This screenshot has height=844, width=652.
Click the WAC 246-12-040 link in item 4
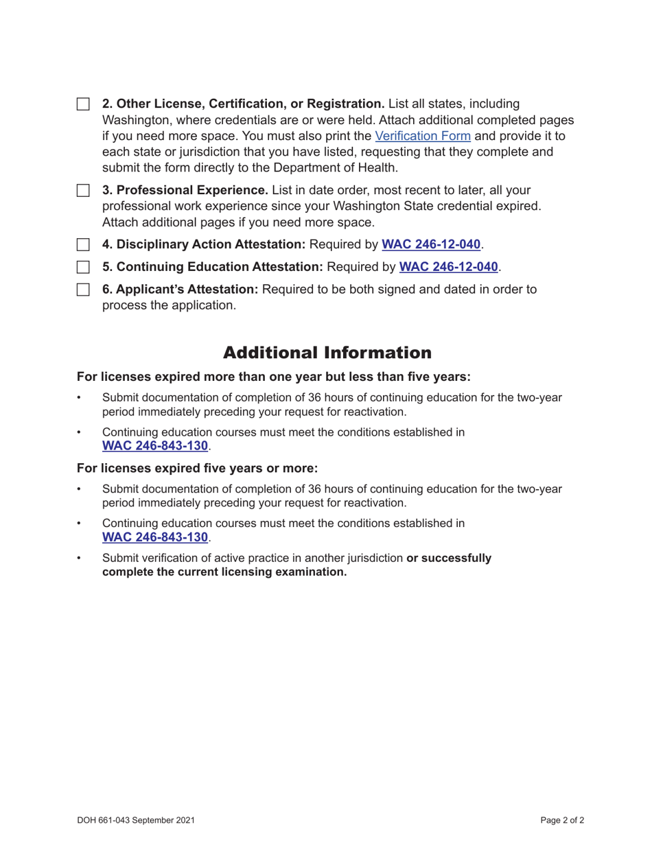point(430,244)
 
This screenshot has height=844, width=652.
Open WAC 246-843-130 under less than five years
point(154,446)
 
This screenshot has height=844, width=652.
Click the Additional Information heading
point(327,353)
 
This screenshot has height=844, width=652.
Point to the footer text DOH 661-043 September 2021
point(137,819)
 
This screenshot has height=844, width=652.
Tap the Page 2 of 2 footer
point(562,819)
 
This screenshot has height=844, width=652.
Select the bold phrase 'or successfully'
point(449,559)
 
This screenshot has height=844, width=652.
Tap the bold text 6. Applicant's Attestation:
point(180,290)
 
